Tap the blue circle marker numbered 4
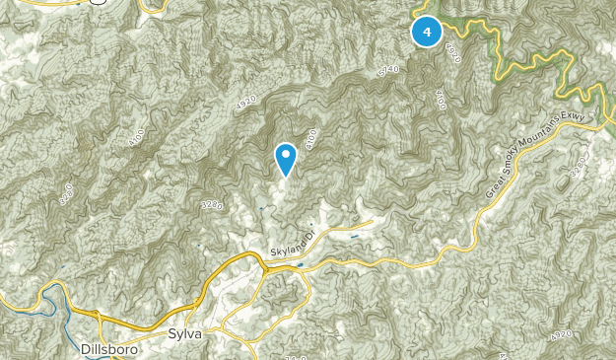[x=426, y=33]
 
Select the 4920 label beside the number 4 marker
[x=453, y=51]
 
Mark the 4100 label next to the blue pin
[x=311, y=140]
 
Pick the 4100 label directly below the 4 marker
[x=439, y=98]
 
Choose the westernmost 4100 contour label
[x=135, y=139]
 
